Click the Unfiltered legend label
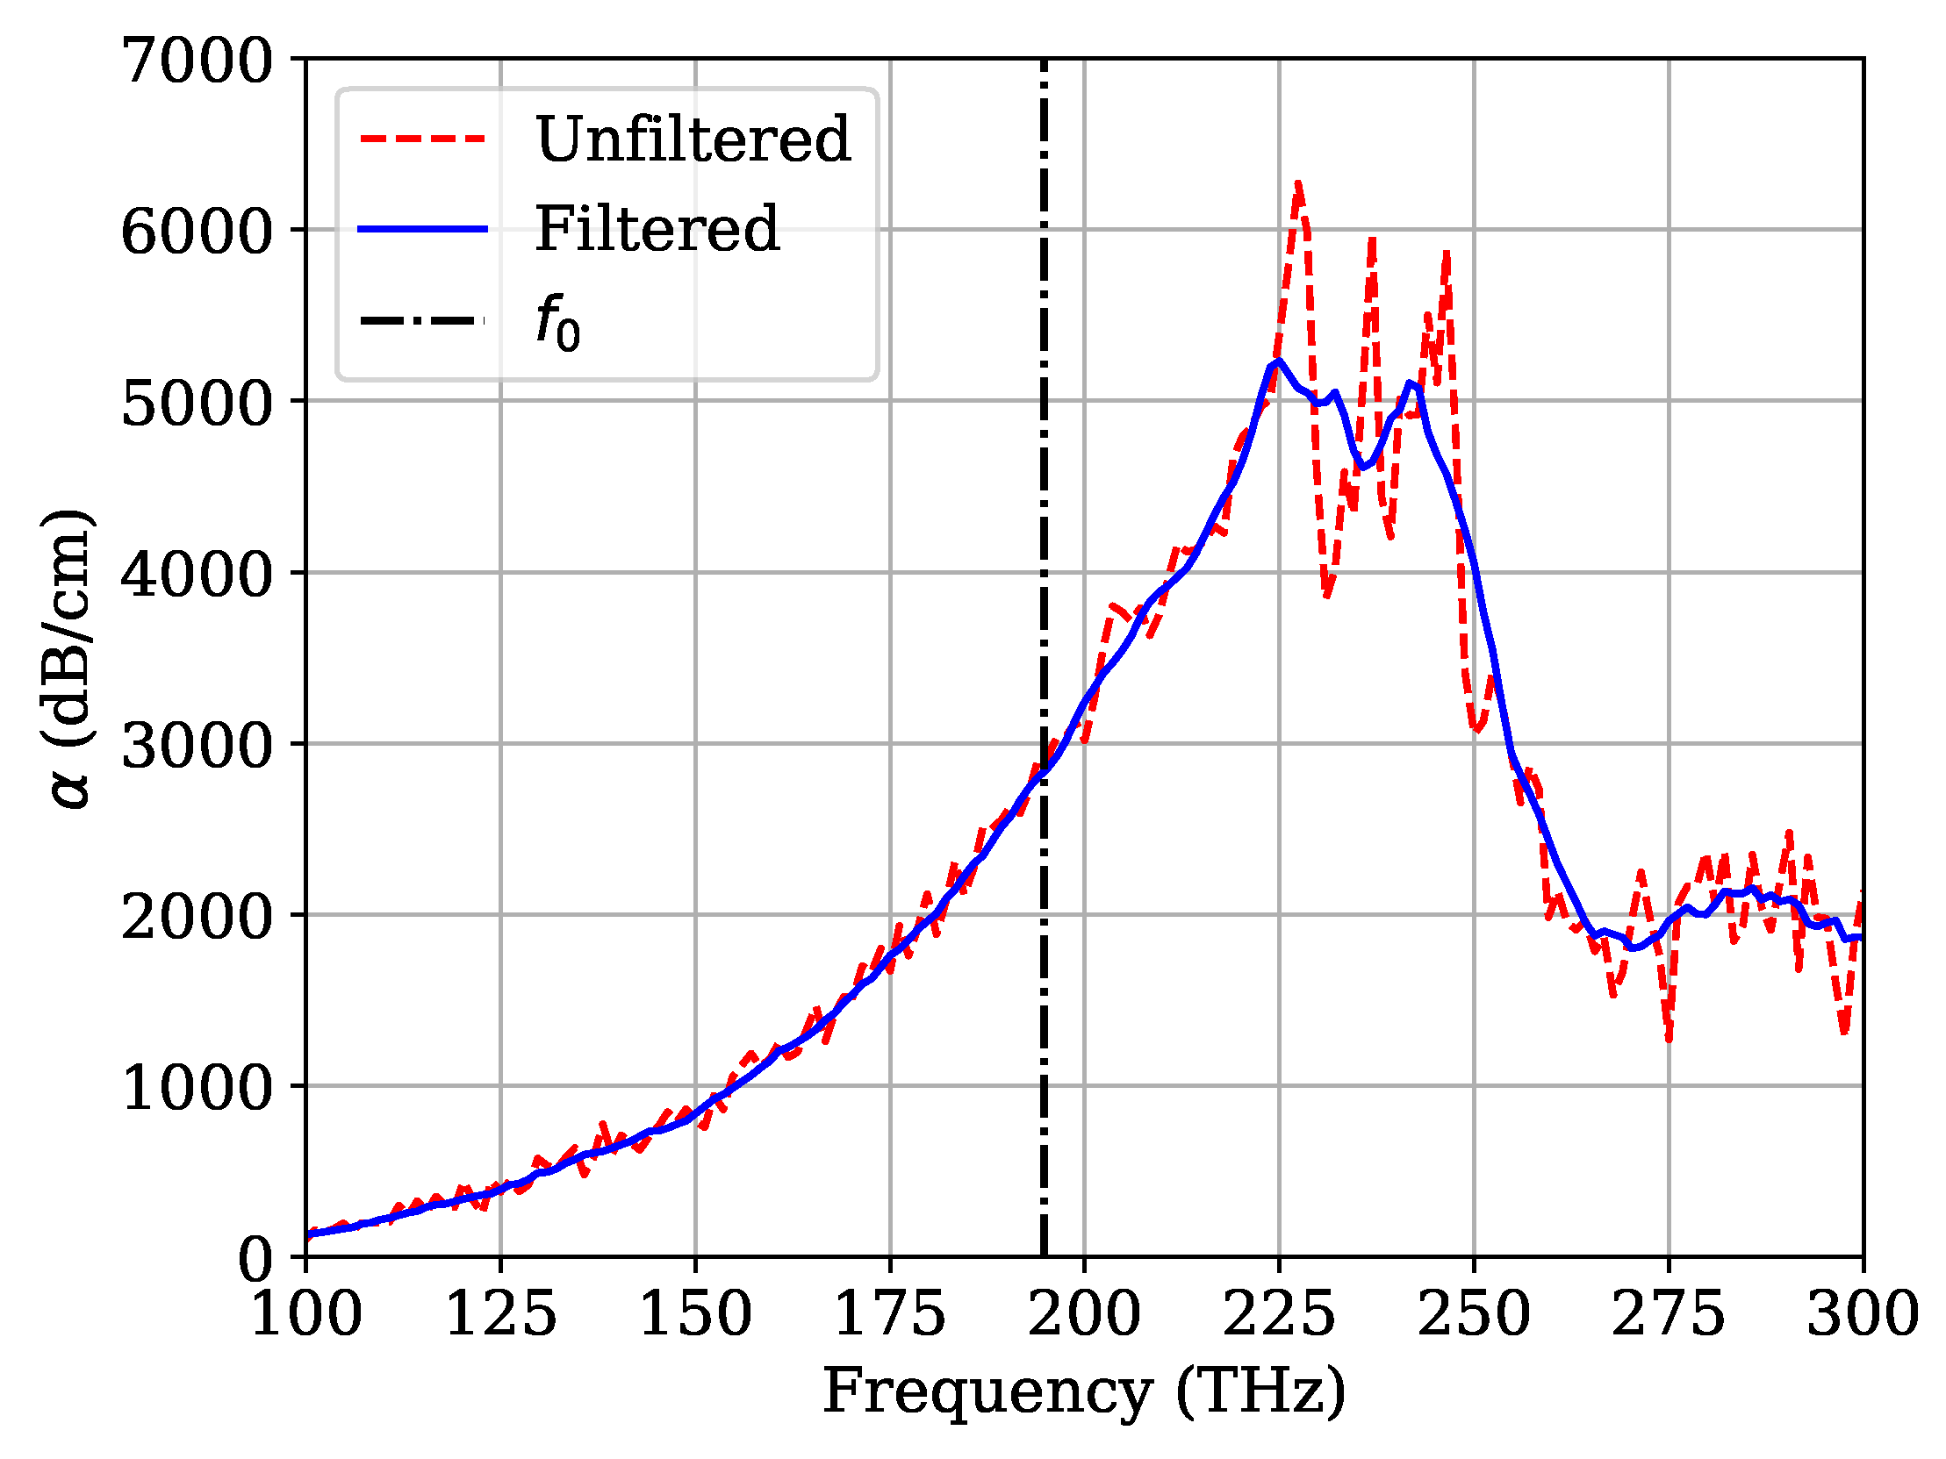coord(693,139)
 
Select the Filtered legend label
coord(657,229)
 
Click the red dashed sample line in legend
coord(422,139)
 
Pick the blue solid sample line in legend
coord(422,229)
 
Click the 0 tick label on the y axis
coord(256,1260)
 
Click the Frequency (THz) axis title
coord(1084,1391)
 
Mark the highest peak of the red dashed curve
coord(1297,184)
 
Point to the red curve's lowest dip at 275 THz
coord(1669,1041)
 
